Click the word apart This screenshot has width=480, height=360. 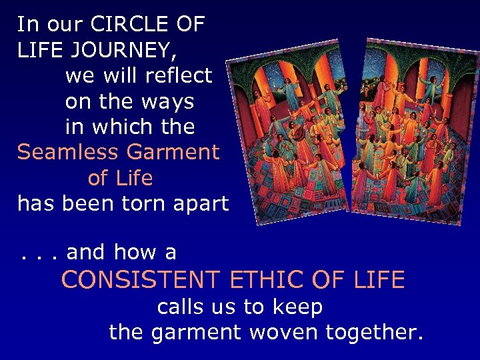199,204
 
